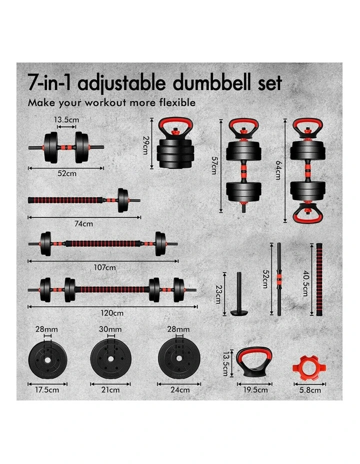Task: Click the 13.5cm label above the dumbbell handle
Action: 67,119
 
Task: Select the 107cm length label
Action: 105,267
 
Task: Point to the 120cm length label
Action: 111,313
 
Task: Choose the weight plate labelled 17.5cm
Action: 48,358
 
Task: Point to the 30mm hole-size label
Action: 110,329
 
